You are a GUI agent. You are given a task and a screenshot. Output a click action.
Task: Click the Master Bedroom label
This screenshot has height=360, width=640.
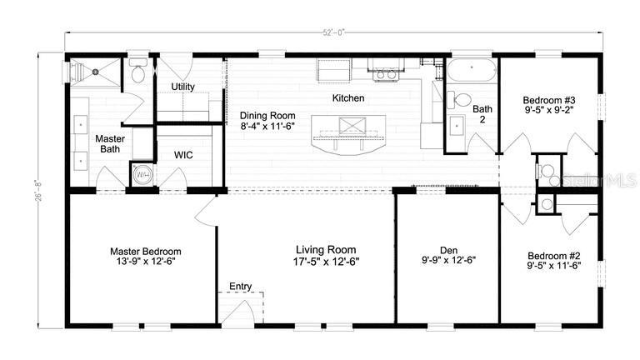(x=146, y=252)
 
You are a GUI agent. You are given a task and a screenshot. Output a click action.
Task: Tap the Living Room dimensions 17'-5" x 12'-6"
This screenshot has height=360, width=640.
(x=326, y=262)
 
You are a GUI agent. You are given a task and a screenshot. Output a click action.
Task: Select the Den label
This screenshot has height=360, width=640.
(x=448, y=250)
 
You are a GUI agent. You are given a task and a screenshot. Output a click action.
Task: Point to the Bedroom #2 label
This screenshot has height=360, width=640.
(x=554, y=256)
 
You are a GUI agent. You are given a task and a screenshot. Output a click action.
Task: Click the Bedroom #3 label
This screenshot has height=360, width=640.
(x=549, y=100)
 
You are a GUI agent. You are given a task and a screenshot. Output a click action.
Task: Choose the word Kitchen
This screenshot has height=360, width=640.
(x=348, y=98)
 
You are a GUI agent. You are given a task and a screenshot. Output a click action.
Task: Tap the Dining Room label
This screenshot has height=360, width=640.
(x=267, y=116)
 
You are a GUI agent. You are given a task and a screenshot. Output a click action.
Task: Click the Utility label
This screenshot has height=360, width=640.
(x=182, y=87)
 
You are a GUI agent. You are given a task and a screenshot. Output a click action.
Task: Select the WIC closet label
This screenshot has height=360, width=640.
(x=183, y=155)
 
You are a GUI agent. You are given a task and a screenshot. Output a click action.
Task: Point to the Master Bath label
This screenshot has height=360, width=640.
(x=110, y=143)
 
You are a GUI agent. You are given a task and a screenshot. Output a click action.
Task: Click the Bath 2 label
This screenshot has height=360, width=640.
(x=482, y=114)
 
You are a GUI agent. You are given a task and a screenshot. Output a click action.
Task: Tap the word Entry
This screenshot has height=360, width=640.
(x=240, y=286)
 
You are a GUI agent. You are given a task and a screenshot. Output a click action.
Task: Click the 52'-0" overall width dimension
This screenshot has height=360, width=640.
(x=334, y=32)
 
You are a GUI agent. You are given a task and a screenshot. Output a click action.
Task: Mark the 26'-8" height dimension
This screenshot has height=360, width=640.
(x=40, y=190)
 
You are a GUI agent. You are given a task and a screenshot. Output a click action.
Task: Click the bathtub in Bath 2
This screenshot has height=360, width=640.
(x=472, y=70)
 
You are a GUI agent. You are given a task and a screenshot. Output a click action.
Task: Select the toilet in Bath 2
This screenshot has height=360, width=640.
(x=459, y=100)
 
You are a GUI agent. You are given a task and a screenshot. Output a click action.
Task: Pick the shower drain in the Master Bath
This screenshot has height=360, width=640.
(x=96, y=72)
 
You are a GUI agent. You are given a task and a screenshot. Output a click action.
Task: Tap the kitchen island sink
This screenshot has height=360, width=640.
(x=352, y=125)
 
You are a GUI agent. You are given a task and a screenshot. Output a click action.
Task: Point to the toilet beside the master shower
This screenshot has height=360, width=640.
(x=137, y=71)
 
